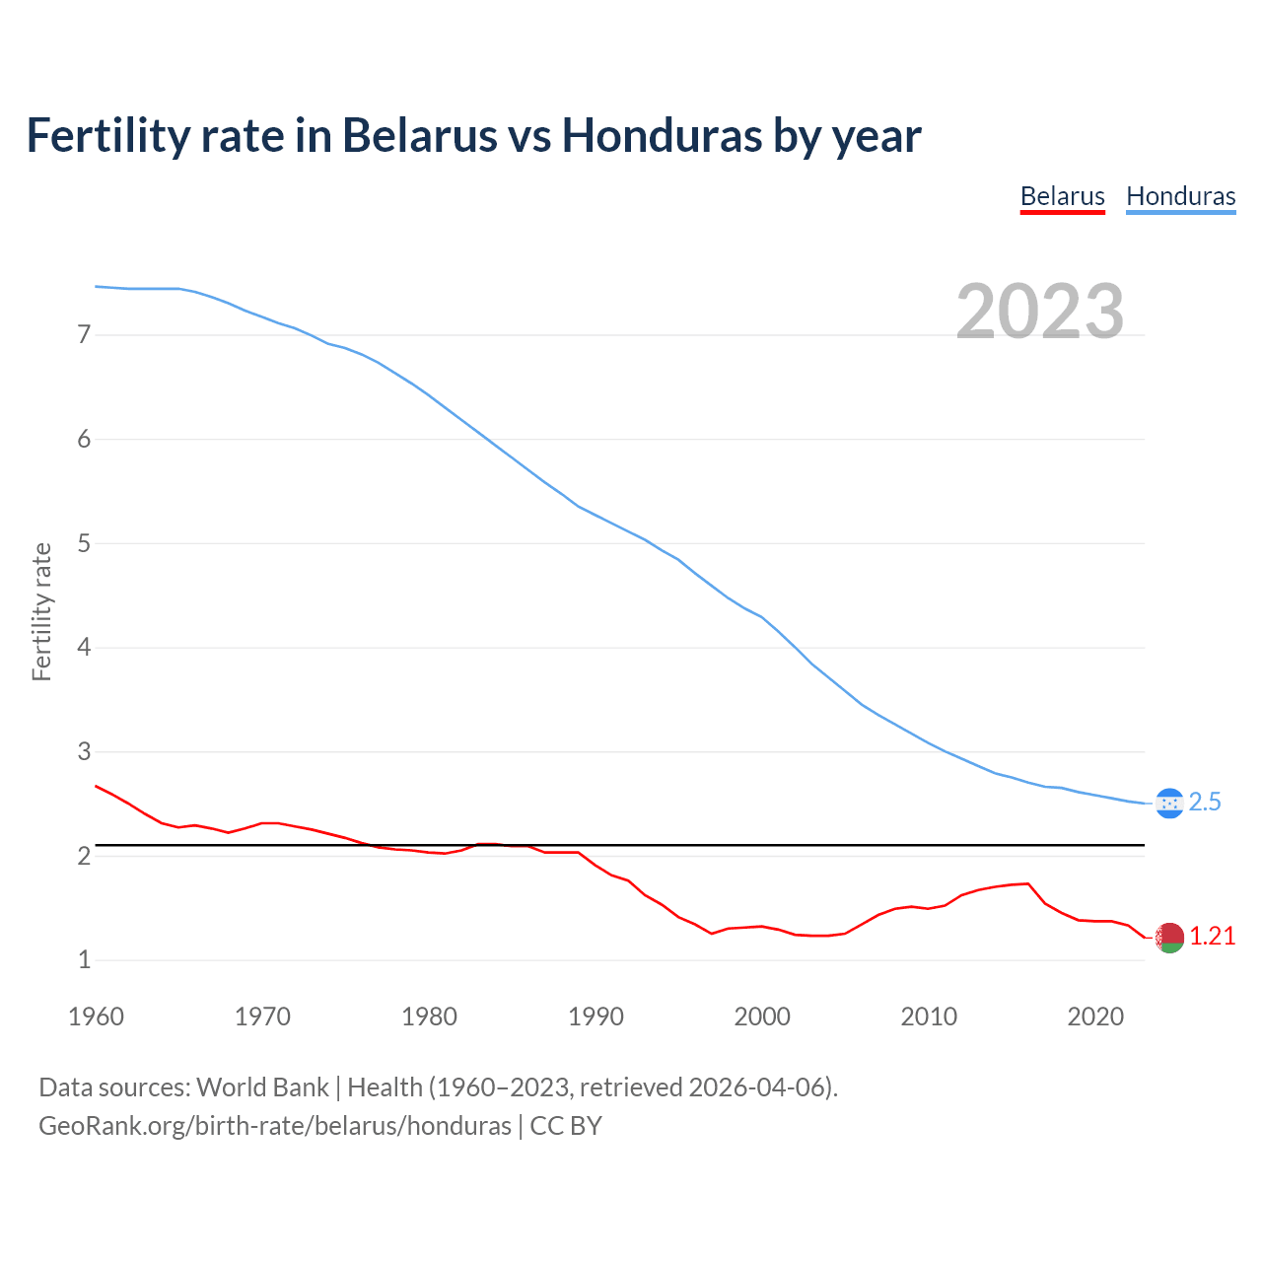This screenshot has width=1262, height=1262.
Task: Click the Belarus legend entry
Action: [1062, 196]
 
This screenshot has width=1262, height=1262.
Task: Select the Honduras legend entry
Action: [1180, 196]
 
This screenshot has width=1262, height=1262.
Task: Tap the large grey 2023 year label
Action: [1039, 312]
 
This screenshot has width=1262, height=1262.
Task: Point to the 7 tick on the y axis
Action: [84, 335]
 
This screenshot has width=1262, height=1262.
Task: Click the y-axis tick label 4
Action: [84, 648]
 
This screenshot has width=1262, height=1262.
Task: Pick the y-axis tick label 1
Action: [84, 960]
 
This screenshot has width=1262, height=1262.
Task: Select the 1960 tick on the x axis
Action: [96, 1017]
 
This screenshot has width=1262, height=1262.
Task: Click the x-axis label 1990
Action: [596, 1017]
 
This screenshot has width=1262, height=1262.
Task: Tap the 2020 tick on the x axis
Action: [1095, 1017]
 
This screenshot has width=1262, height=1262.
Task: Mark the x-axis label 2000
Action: [762, 1017]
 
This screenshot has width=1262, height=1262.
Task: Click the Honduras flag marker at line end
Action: [1168, 804]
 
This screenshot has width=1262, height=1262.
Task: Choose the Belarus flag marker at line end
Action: [1169, 938]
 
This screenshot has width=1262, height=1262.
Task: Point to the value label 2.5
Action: [1205, 803]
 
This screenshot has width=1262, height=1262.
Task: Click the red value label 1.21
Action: [1212, 937]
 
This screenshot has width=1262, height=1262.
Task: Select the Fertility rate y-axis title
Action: [41, 611]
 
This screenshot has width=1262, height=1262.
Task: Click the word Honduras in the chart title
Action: [662, 135]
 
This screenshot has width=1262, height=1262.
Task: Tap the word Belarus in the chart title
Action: [419, 135]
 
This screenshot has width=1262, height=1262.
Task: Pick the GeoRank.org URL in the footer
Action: [275, 1126]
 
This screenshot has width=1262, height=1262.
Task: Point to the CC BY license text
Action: [566, 1126]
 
